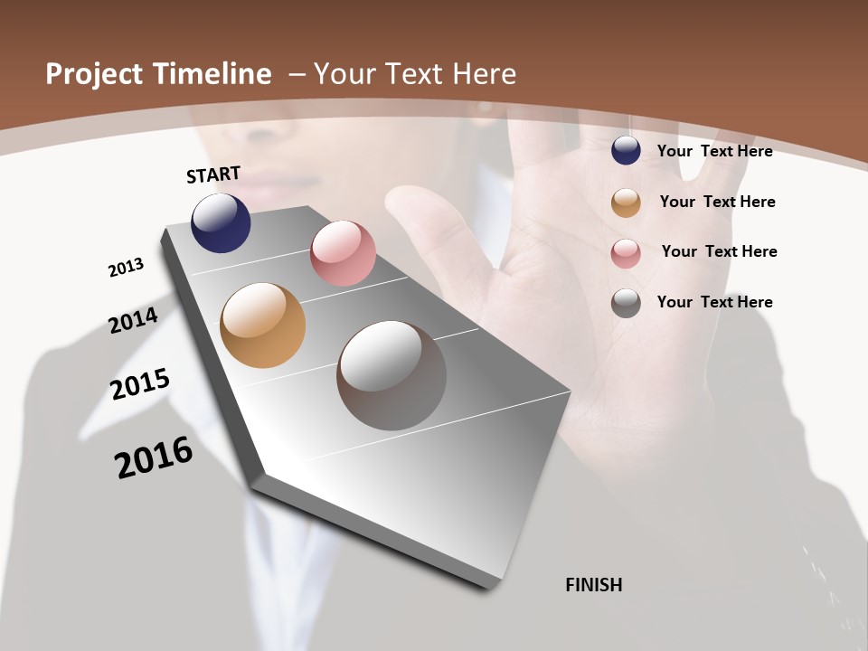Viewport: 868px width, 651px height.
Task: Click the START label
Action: [x=213, y=174]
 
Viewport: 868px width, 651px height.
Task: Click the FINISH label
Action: [x=594, y=585]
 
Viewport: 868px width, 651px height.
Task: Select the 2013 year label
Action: [x=126, y=268]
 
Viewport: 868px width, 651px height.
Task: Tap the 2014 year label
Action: [x=134, y=320]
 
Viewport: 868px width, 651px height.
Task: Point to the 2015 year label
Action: [x=140, y=384]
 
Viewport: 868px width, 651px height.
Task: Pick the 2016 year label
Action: [x=154, y=458]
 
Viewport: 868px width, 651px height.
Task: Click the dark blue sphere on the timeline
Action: [x=221, y=222]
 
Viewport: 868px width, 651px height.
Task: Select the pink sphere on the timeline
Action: [x=343, y=253]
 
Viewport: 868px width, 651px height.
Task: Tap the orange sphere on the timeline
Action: [x=262, y=325]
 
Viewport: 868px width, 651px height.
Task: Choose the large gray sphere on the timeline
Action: [x=392, y=375]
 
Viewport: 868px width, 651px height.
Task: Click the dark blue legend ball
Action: [x=626, y=150]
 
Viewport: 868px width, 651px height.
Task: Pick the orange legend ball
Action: [x=626, y=203]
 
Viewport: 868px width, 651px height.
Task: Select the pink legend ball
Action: [x=626, y=253]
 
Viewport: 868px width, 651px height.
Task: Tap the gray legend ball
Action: [x=626, y=303]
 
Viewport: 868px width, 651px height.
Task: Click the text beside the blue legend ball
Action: [x=714, y=151]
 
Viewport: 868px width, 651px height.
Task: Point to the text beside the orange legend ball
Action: [x=717, y=202]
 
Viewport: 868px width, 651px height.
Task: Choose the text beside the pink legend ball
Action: [x=719, y=251]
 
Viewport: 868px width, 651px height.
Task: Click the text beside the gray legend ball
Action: [x=714, y=302]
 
